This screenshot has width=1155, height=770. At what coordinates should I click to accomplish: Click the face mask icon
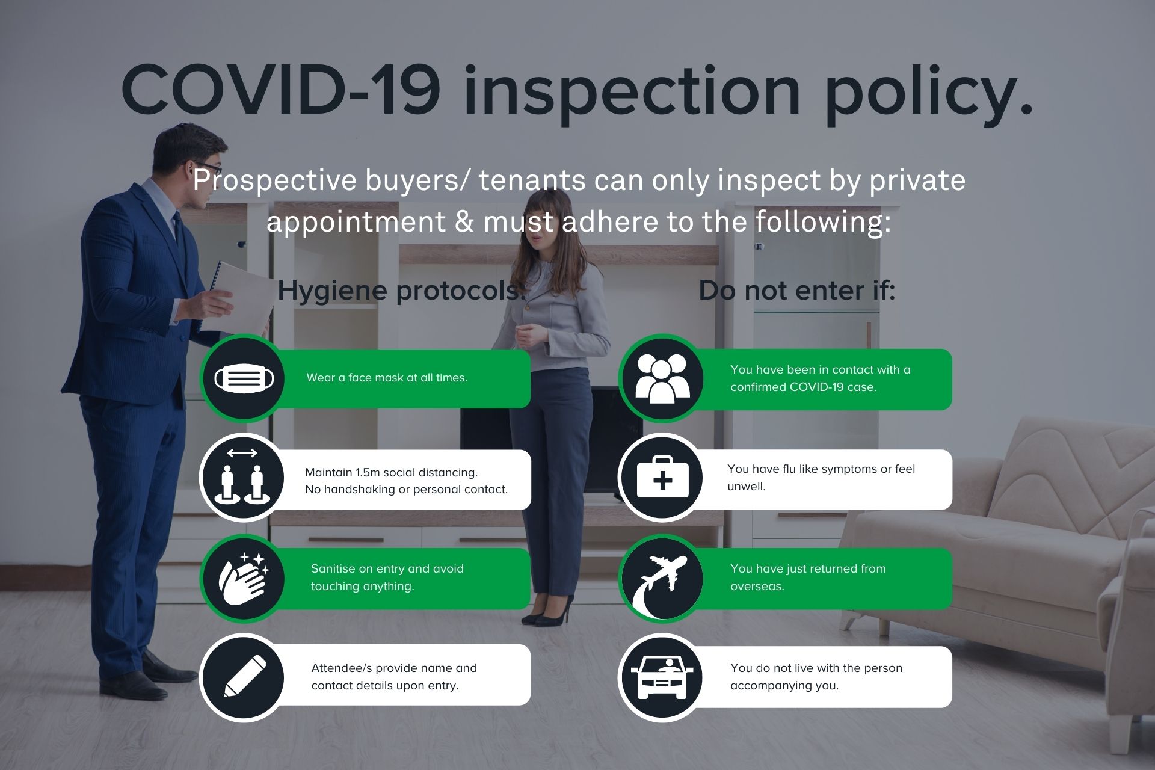pyautogui.click(x=244, y=378)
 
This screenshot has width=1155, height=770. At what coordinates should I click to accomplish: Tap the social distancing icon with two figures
pyautogui.click(x=243, y=476)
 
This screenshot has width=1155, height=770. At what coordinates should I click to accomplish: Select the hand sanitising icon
pyautogui.click(x=244, y=578)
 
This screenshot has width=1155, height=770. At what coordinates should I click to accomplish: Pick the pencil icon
pyautogui.click(x=245, y=677)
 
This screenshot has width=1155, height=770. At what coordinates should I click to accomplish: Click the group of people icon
pyautogui.click(x=662, y=378)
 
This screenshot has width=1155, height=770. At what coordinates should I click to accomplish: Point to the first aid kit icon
pyautogui.click(x=662, y=476)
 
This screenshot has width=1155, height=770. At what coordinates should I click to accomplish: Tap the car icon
pyautogui.click(x=662, y=677)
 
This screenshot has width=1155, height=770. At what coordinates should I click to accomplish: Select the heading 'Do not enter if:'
pyautogui.click(x=796, y=291)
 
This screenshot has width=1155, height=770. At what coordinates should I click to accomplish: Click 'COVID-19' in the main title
pyautogui.click(x=280, y=90)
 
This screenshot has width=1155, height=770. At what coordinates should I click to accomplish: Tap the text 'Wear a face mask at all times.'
pyautogui.click(x=387, y=378)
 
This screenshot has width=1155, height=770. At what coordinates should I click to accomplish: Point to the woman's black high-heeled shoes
pyautogui.click(x=547, y=610)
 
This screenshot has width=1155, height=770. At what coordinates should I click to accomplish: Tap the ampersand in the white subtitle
pyautogui.click(x=464, y=221)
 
